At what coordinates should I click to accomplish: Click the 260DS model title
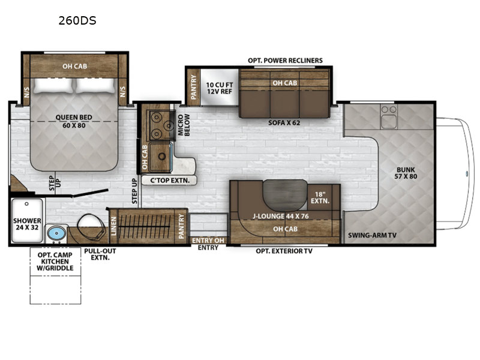tap(77, 20)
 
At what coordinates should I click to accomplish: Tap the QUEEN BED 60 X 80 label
tap(73, 122)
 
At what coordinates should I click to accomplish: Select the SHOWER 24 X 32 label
tap(28, 224)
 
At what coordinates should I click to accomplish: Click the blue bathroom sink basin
tap(56, 232)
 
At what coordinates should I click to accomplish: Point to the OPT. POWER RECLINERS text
tap(286, 61)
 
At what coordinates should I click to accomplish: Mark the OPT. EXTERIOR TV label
tap(284, 251)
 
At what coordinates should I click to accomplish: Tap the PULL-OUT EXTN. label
tap(100, 254)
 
